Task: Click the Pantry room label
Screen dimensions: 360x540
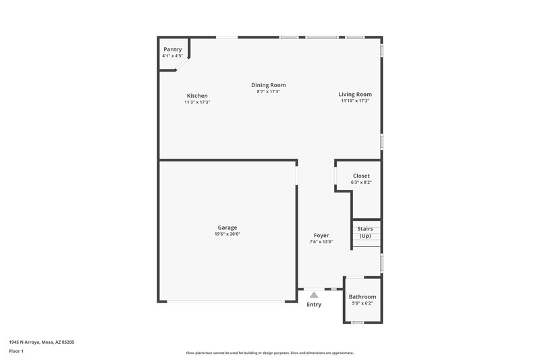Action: [x=173, y=49]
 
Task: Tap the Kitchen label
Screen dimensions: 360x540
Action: [x=197, y=95]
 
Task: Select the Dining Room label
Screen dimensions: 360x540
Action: [x=269, y=85]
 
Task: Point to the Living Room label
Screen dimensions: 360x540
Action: [x=355, y=95]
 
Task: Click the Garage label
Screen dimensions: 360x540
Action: [x=227, y=227]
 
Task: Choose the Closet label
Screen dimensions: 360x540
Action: [x=361, y=176]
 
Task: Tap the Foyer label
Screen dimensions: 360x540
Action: [x=321, y=235]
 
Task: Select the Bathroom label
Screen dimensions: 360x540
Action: [x=362, y=297]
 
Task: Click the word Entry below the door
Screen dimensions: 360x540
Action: [x=314, y=305]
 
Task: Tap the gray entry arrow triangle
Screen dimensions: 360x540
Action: [x=314, y=294]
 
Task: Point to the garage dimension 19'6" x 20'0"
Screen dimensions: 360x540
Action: [x=227, y=234]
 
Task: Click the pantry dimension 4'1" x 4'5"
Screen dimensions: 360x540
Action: [x=173, y=55]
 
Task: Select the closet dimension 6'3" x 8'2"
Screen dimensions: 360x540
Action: [x=361, y=182]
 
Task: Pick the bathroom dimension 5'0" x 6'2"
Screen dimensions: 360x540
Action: [x=362, y=303]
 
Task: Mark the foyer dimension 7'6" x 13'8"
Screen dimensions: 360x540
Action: [x=321, y=242]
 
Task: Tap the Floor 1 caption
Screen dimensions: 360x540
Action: [x=17, y=352]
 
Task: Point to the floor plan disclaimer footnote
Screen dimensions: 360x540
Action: [x=269, y=353]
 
